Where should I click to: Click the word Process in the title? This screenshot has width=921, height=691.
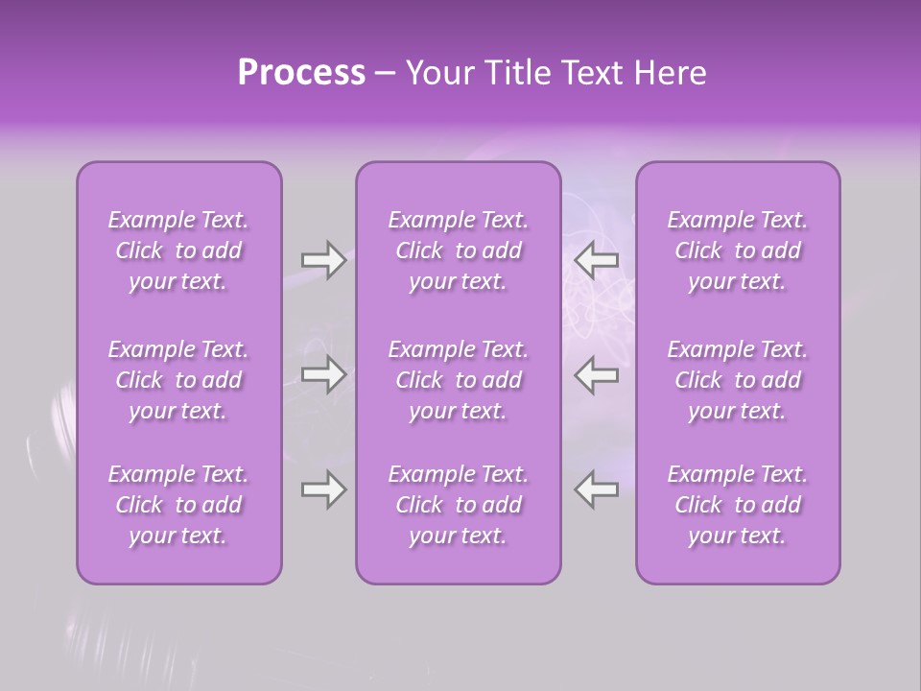click(301, 73)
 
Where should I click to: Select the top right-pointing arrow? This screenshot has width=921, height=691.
click(323, 260)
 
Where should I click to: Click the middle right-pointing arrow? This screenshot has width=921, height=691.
click(323, 374)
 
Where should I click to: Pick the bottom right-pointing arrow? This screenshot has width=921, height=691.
click(323, 489)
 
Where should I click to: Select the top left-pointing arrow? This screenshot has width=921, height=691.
click(597, 260)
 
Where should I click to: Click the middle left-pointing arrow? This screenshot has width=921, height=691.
click(597, 374)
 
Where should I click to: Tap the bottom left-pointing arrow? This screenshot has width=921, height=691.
click(597, 489)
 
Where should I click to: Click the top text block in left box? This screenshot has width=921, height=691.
click(178, 250)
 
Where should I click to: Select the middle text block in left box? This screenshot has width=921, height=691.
click(178, 380)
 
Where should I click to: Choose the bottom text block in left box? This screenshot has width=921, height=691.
click(178, 505)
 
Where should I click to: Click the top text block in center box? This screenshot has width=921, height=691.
click(459, 250)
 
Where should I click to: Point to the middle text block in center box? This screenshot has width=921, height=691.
click(459, 380)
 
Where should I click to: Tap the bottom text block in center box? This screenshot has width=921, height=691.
click(459, 505)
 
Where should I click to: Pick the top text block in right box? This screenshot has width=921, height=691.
click(738, 250)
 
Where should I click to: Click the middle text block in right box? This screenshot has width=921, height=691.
click(738, 380)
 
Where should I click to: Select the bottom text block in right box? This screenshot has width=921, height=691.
click(738, 505)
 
